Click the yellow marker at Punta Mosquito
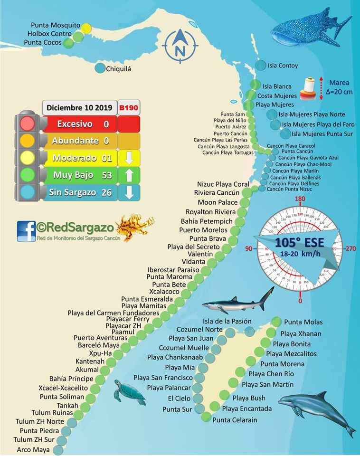[86, 28]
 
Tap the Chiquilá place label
[118, 69]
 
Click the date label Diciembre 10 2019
[80, 108]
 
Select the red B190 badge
[128, 108]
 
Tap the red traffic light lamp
[28, 124]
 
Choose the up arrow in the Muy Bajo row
[128, 175]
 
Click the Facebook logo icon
[26, 231]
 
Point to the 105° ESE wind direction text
[299, 243]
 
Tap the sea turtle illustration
[128, 392]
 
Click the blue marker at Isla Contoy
[260, 66]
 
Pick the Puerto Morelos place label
[203, 230]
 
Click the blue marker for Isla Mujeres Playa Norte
[271, 114]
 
